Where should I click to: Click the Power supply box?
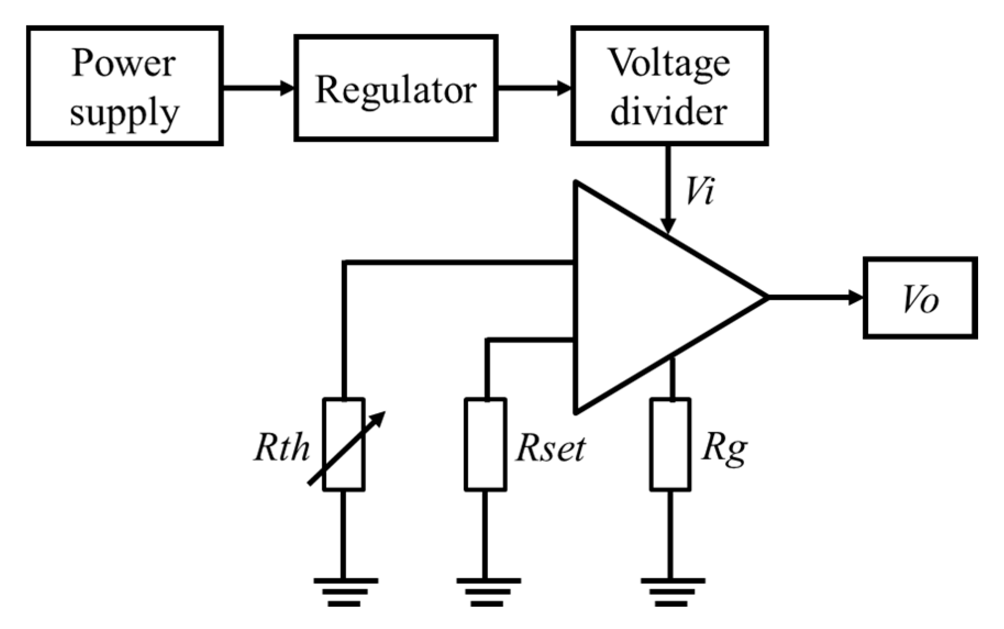(x=125, y=86)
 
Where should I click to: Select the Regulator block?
(x=396, y=88)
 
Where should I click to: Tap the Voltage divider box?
(x=669, y=86)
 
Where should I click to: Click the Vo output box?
(x=920, y=298)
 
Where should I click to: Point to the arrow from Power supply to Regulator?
(x=258, y=87)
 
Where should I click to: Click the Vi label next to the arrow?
(x=700, y=192)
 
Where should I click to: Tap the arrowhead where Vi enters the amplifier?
(x=668, y=226)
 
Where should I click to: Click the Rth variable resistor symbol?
(x=343, y=444)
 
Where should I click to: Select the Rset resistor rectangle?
(x=485, y=444)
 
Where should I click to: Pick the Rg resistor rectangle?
(x=670, y=444)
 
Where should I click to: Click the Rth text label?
(x=282, y=447)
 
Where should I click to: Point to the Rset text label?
(x=550, y=448)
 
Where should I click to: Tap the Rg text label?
(x=724, y=448)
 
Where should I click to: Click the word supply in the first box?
(x=125, y=113)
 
